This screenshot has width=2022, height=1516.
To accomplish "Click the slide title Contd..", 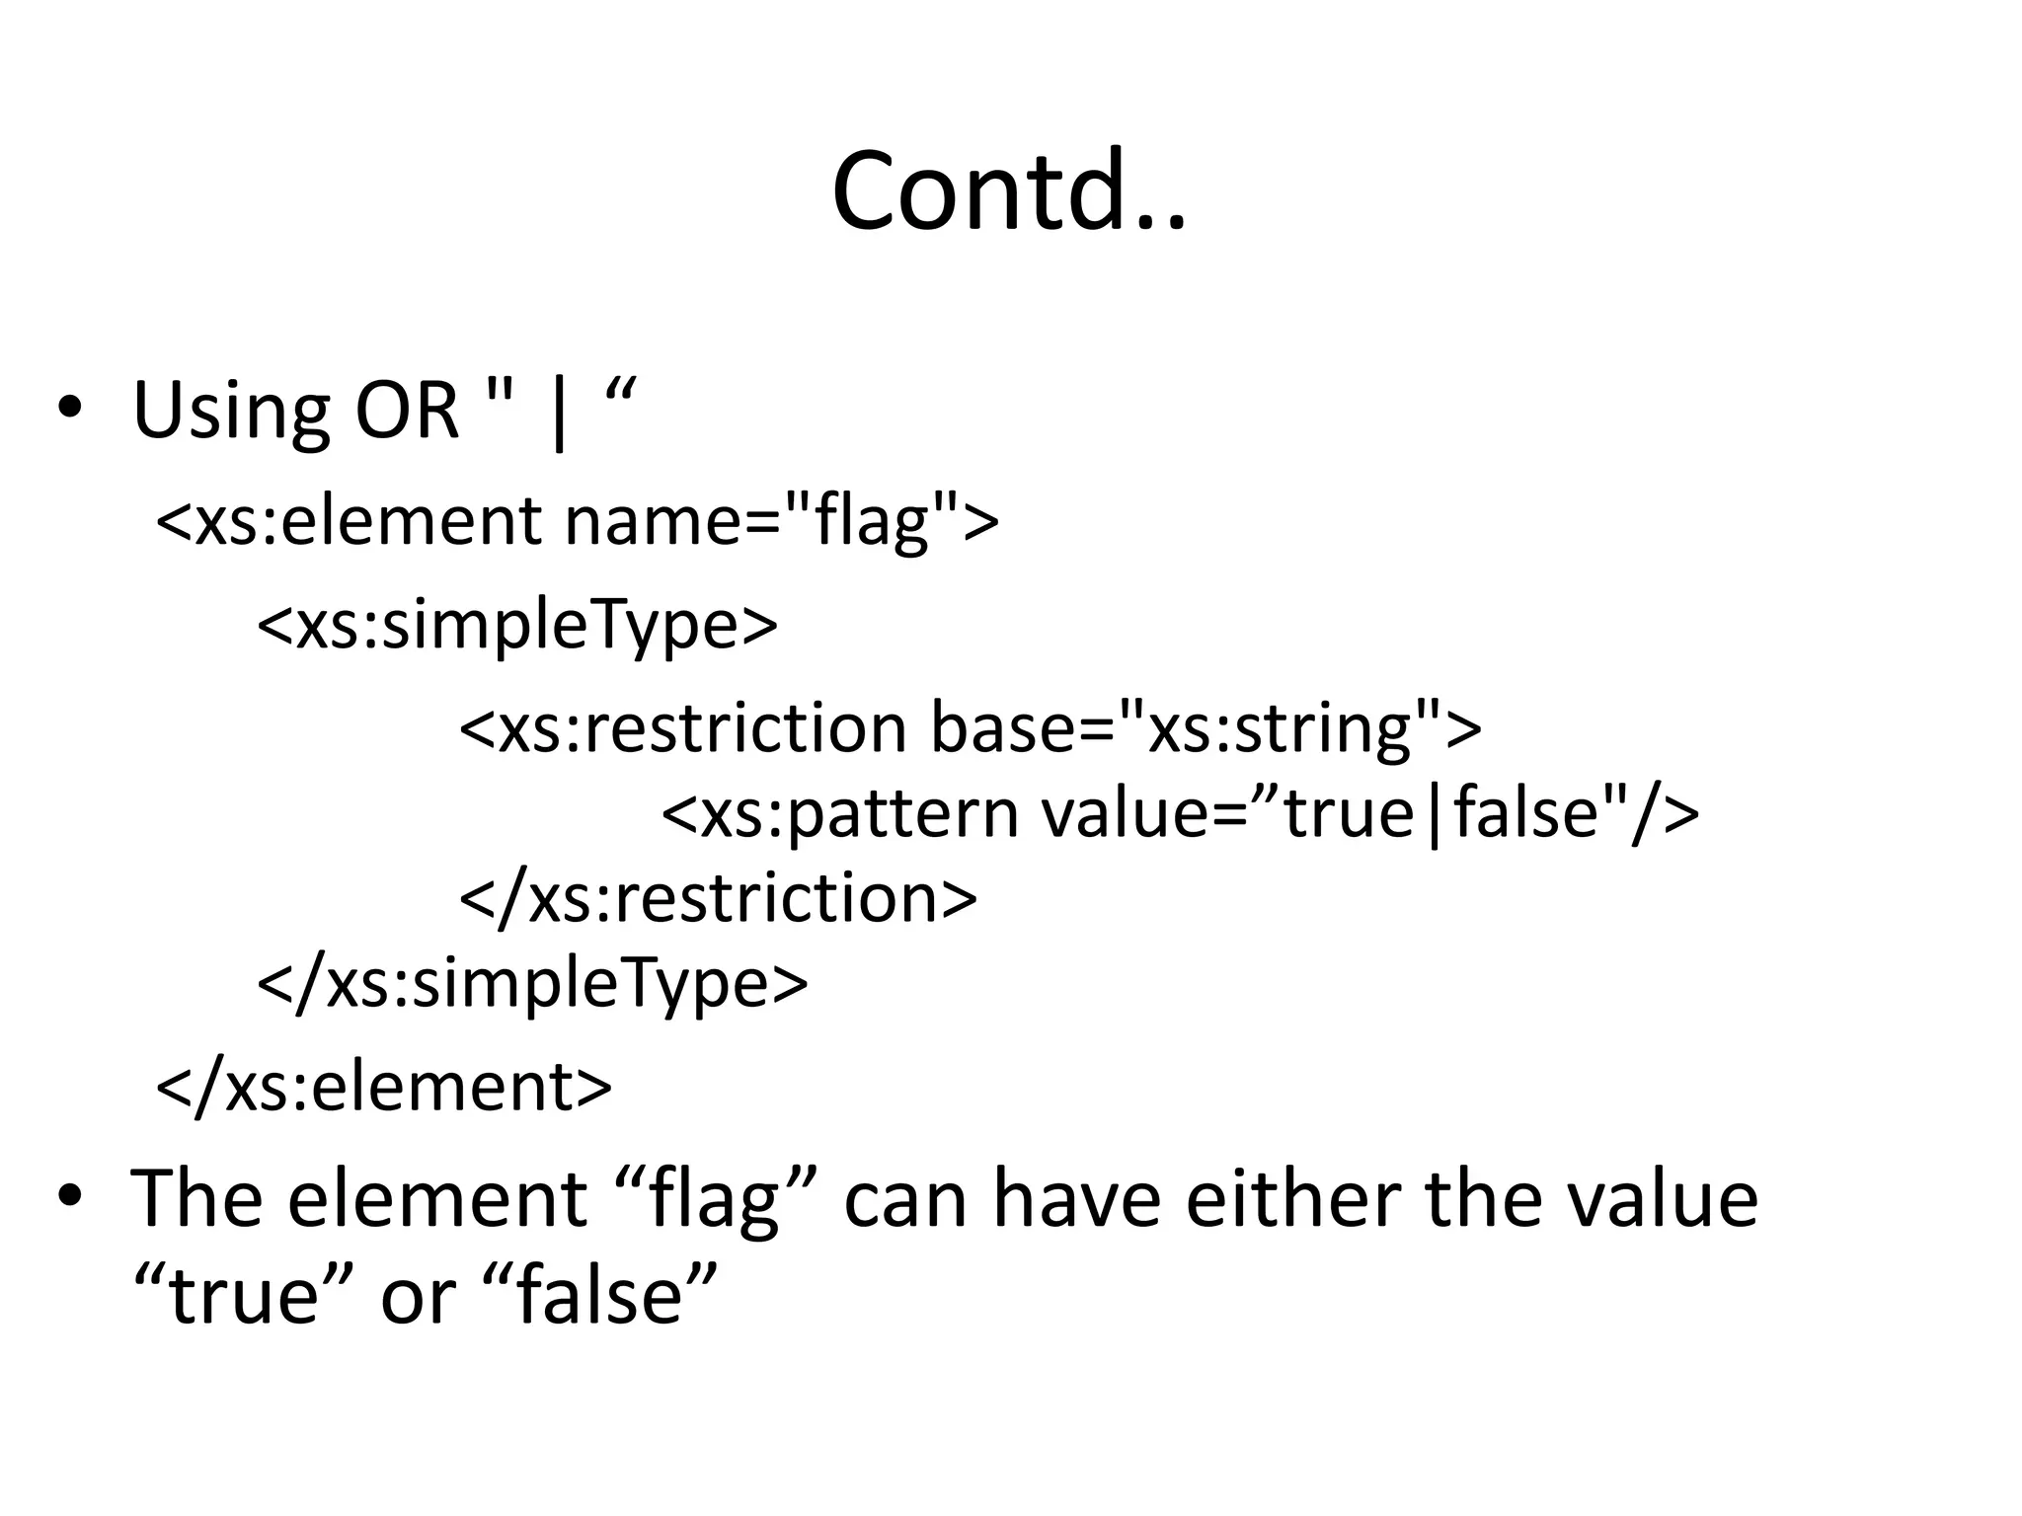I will [1009, 189].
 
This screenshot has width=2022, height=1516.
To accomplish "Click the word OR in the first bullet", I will [407, 410].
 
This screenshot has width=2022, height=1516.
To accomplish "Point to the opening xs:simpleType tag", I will [517, 624].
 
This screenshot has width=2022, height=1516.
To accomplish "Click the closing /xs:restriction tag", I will [718, 897].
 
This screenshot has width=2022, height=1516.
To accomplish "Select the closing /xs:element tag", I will [384, 1087].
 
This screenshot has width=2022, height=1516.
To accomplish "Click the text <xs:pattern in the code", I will [839, 813].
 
